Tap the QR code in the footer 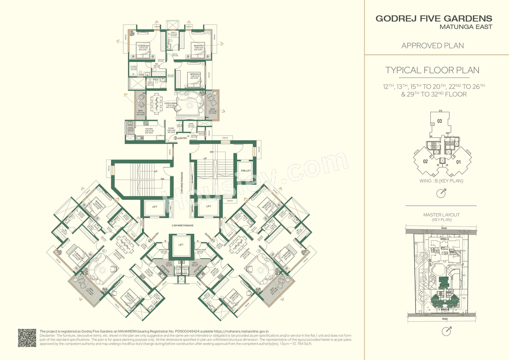click(x=27, y=338)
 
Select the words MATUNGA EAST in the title click(x=466, y=27)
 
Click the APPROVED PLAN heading click(x=433, y=46)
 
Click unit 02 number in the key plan click(x=425, y=162)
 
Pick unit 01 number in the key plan click(x=458, y=162)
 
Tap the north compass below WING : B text click(x=441, y=194)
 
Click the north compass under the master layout click(x=449, y=330)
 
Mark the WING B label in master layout click(x=445, y=309)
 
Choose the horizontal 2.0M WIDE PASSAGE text click(x=183, y=226)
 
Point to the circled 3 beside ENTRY click(x=175, y=138)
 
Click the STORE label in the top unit click(x=190, y=124)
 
